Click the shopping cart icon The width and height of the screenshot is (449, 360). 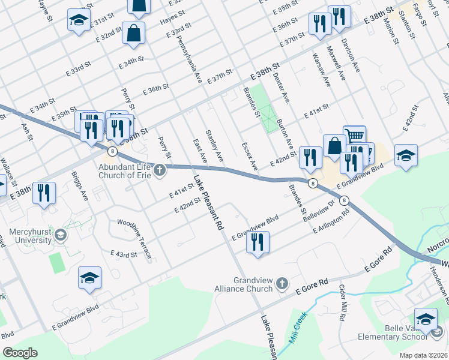354,136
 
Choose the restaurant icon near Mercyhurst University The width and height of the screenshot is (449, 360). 45,193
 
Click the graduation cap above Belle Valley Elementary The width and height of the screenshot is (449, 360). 426,319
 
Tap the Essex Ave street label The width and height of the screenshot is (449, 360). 249,156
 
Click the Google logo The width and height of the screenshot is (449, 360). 19,353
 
